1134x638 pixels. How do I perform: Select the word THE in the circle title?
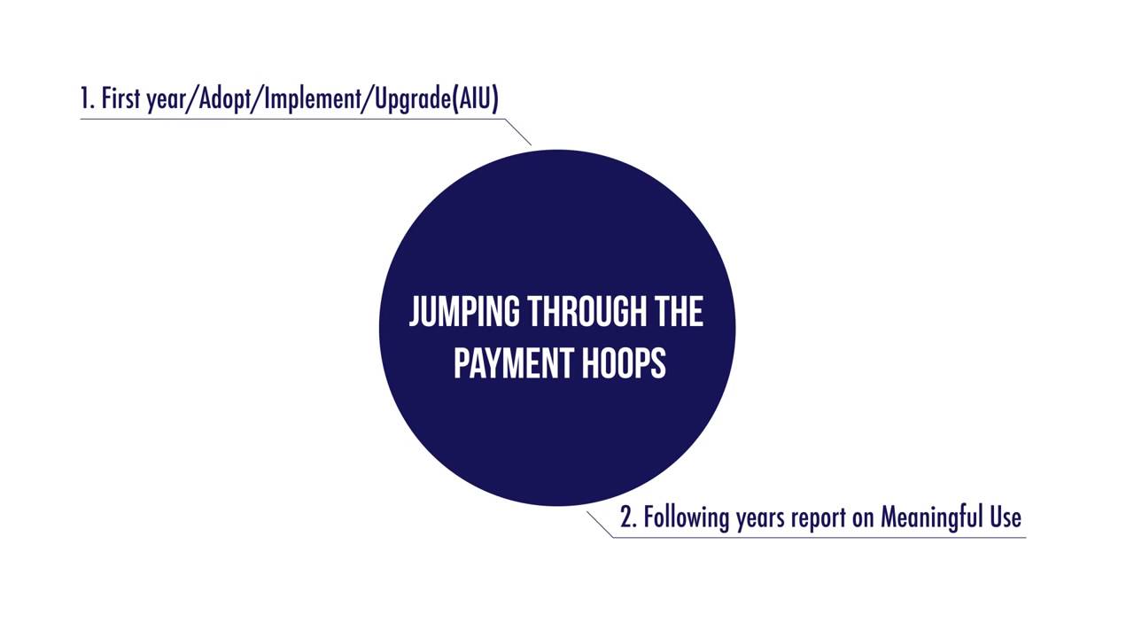pyautogui.click(x=680, y=312)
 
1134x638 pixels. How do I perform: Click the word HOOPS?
pyautogui.click(x=625, y=362)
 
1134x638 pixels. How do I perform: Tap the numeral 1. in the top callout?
pyautogui.click(x=87, y=99)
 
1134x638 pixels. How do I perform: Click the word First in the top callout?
pyautogui.click(x=121, y=99)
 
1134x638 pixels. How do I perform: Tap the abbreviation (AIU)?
pyautogui.click(x=476, y=99)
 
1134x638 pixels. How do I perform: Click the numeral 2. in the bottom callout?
pyautogui.click(x=628, y=517)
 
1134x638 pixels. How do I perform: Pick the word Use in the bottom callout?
pyautogui.click(x=1005, y=517)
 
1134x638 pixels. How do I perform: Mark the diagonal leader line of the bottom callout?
pyautogui.click(x=600, y=524)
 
